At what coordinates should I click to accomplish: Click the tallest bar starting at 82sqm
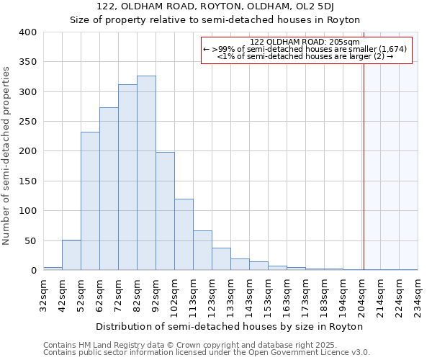click(146, 173)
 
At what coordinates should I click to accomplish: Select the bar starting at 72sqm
click(127, 177)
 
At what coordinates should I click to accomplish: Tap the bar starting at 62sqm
click(109, 189)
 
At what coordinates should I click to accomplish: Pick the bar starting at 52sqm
click(90, 201)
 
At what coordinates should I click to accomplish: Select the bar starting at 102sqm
click(184, 235)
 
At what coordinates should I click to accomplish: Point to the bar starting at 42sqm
click(71, 255)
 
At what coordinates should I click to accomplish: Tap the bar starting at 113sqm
click(202, 251)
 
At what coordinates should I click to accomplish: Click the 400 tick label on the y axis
click(27, 32)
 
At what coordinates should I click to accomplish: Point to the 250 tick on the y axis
click(27, 122)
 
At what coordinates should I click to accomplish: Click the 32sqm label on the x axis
click(43, 296)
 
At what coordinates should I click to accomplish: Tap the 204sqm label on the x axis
click(362, 296)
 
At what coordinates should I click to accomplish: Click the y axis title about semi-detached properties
click(6, 155)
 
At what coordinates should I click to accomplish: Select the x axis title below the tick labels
click(229, 326)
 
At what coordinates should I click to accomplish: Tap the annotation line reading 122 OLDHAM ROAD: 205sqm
click(305, 42)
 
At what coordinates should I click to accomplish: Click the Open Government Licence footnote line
click(206, 353)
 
